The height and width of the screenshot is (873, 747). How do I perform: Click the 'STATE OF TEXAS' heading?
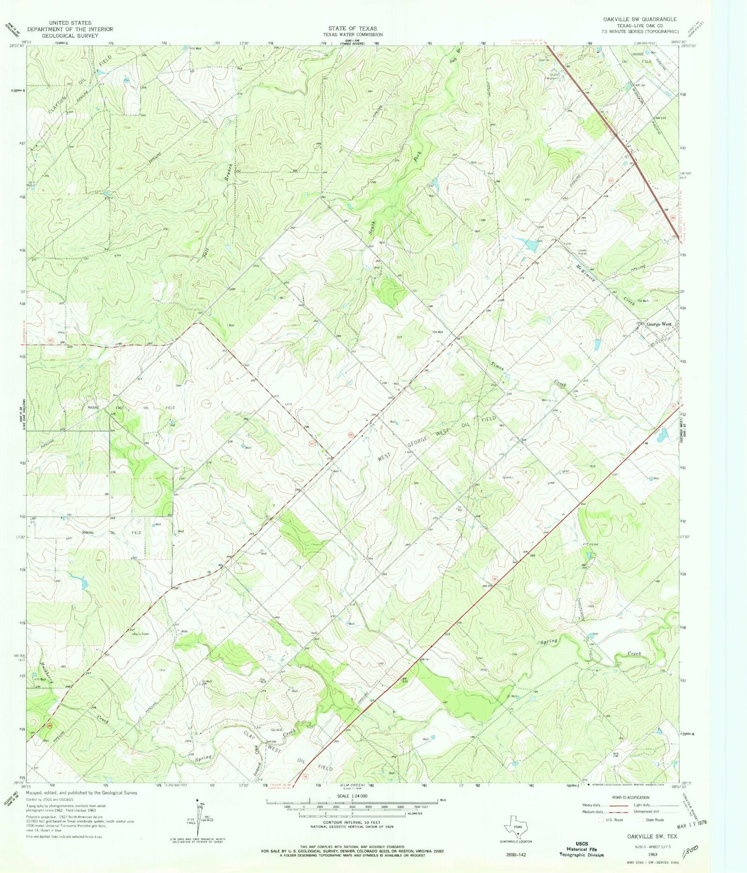pos(353,28)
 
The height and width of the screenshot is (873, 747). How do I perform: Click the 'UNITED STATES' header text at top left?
pos(70,23)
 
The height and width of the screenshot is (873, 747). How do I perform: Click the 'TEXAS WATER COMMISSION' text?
pos(353,35)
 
